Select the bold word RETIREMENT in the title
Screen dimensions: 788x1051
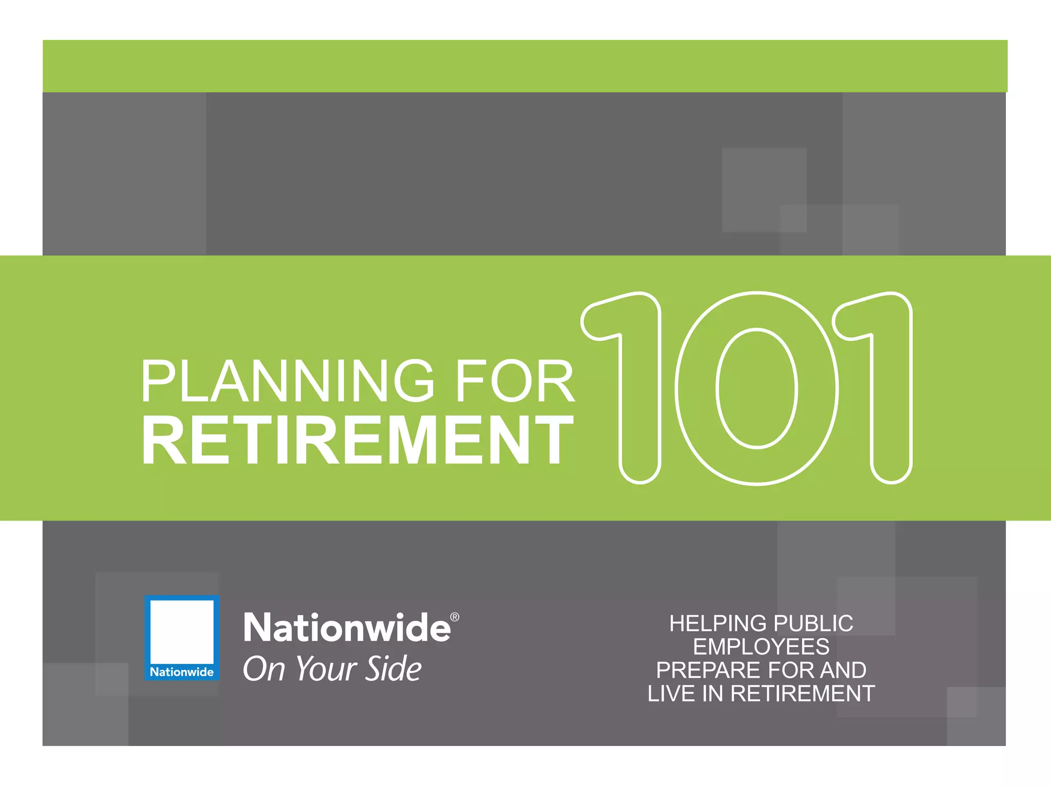(x=358, y=441)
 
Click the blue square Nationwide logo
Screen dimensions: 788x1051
(x=182, y=638)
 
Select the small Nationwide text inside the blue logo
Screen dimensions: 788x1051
(x=182, y=672)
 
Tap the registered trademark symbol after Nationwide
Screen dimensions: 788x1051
(x=455, y=617)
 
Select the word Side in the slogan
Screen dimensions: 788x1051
(x=393, y=669)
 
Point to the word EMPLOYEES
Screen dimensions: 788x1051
(x=761, y=647)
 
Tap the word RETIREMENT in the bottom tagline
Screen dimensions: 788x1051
(x=803, y=694)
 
